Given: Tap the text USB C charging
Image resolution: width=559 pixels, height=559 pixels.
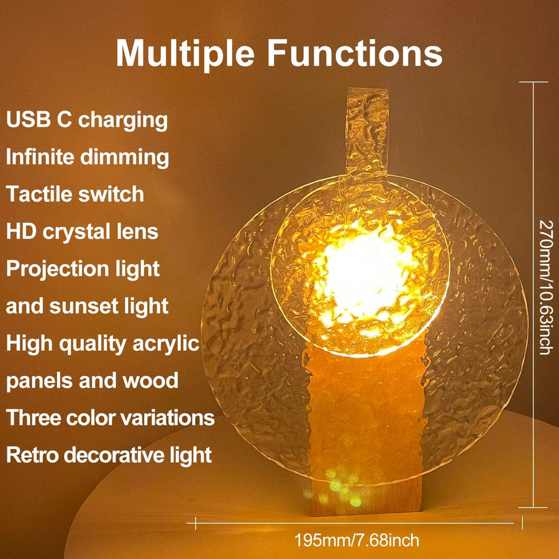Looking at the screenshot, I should point(87,120).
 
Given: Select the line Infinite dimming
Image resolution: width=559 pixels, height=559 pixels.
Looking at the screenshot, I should point(87,157).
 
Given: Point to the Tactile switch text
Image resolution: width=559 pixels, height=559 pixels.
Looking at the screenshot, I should point(75,194).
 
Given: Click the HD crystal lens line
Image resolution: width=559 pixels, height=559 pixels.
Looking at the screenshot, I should point(82,232).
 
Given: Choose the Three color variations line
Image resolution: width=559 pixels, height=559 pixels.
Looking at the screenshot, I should point(111,417).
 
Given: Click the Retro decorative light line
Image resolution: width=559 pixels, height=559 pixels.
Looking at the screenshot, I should point(109,455).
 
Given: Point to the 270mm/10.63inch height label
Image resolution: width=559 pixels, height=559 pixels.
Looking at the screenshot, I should point(544,286).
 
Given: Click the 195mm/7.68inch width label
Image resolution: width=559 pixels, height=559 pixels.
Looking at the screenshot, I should point(358,540).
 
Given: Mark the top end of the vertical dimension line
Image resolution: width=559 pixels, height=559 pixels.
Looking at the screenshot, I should point(533,82).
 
